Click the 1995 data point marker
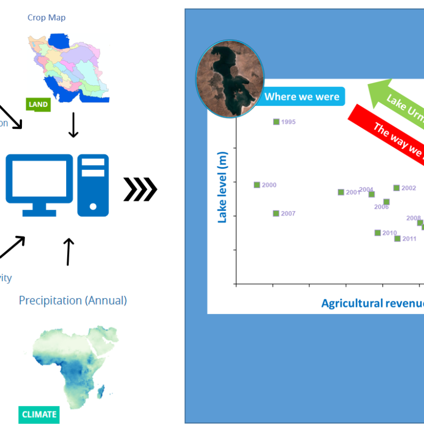click(276, 122)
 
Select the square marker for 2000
click(257, 185)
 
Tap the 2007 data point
click(276, 214)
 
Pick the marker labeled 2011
click(397, 238)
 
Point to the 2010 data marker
click(378, 233)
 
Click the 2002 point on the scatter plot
click(396, 188)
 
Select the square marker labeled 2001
click(341, 192)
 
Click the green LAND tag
click(38, 104)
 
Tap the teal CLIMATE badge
click(39, 414)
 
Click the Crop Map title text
click(46, 18)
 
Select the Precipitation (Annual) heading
click(73, 300)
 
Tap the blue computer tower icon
click(93, 184)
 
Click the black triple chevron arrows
click(140, 190)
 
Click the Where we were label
click(302, 97)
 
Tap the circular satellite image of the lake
click(230, 78)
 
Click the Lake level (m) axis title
click(222, 188)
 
